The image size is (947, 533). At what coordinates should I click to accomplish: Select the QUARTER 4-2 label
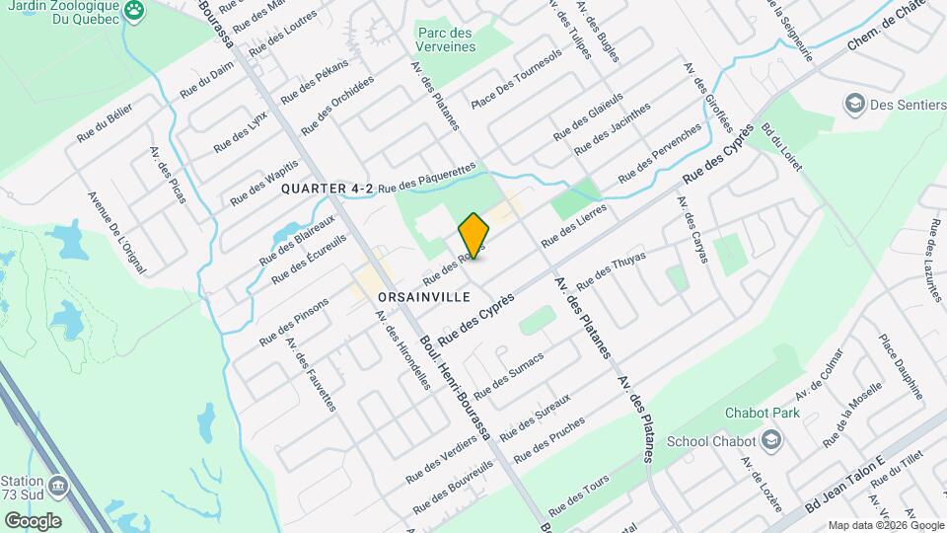pyautogui.click(x=328, y=188)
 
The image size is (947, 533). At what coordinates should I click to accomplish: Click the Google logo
pyautogui.click(x=33, y=520)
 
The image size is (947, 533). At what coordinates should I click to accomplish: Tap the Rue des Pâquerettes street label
pyautogui.click(x=426, y=178)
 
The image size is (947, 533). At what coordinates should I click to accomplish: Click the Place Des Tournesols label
pyautogui.click(x=516, y=79)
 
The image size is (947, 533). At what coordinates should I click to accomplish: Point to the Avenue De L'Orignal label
pyautogui.click(x=115, y=233)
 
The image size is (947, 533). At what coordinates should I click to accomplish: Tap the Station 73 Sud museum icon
pyautogui.click(x=58, y=487)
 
